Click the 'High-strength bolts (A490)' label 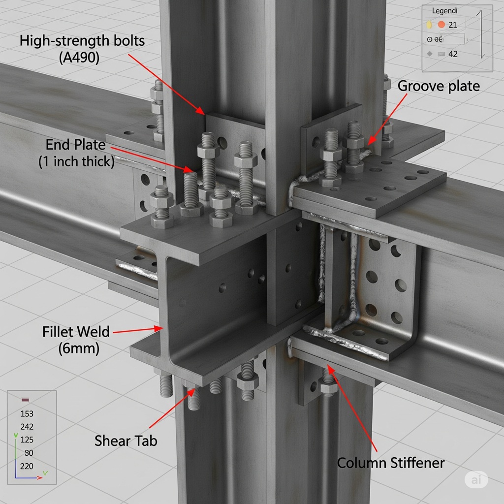pyautogui.click(x=82, y=48)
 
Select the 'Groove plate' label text pyautogui.click(x=438, y=86)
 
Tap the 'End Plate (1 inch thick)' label pyautogui.click(x=76, y=153)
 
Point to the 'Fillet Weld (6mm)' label pyautogui.click(x=76, y=340)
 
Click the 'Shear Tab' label pyautogui.click(x=126, y=441)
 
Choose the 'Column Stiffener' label pyautogui.click(x=390, y=463)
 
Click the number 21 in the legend pyautogui.click(x=453, y=25)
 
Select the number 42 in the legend pyautogui.click(x=453, y=54)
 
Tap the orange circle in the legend pyautogui.click(x=441, y=25)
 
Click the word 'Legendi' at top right pyautogui.click(x=444, y=10)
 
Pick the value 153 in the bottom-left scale pyautogui.click(x=27, y=414)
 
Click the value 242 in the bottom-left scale pyautogui.click(x=27, y=427)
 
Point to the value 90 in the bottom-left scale pyautogui.click(x=29, y=453)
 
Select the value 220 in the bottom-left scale pyautogui.click(x=27, y=466)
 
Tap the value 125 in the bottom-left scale pyautogui.click(x=27, y=440)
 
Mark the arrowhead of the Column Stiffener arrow pyautogui.click(x=329, y=367)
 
